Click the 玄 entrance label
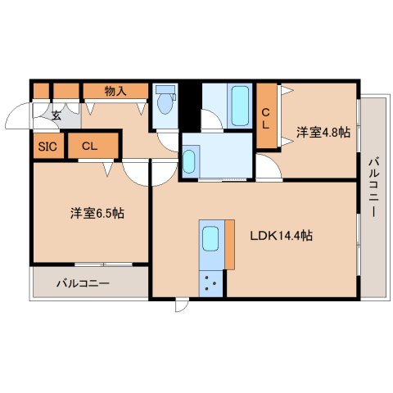pyautogui.click(x=56, y=115)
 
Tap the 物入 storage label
pyautogui.click(x=115, y=91)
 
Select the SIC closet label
pyautogui.click(x=46, y=147)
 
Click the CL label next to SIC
pyautogui.click(x=90, y=147)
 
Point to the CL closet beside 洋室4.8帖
pyautogui.click(x=267, y=119)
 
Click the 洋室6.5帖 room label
pyautogui.click(x=97, y=213)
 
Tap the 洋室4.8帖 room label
pyautogui.click(x=323, y=132)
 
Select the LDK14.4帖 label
pyautogui.click(x=281, y=236)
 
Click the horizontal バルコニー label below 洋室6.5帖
pyautogui.click(x=83, y=284)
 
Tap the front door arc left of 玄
pyautogui.click(x=18, y=120)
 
